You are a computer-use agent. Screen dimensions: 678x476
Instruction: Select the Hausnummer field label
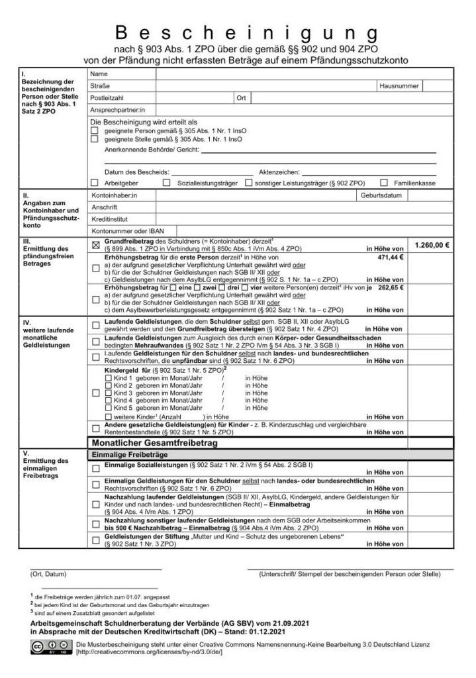[399, 86]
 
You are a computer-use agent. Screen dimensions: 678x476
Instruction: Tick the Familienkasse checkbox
[384, 183]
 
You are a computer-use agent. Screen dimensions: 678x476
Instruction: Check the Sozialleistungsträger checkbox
[167, 183]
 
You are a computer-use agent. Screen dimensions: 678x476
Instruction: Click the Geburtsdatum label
[382, 196]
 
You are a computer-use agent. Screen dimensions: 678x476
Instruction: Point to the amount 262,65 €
[390, 288]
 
